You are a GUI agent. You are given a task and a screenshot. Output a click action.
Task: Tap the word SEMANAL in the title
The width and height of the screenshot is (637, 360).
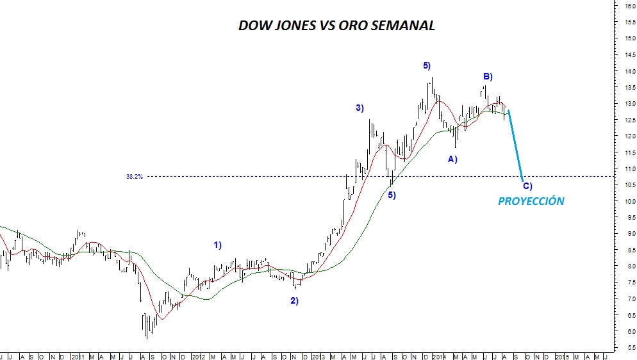(x=402, y=26)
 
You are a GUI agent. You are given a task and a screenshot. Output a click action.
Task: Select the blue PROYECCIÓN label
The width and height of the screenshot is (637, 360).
(x=531, y=201)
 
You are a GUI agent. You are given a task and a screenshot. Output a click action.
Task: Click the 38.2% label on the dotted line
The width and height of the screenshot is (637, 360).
(x=134, y=176)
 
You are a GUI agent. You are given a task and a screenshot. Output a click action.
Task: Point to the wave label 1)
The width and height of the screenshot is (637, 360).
(x=218, y=245)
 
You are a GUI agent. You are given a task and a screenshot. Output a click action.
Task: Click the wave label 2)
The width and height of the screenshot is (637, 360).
(x=294, y=300)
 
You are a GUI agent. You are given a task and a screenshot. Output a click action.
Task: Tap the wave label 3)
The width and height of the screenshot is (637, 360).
(x=360, y=108)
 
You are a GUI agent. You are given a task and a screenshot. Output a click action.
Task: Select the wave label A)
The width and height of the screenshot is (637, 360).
(x=452, y=158)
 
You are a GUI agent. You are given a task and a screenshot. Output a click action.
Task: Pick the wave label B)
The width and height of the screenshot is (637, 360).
(x=488, y=77)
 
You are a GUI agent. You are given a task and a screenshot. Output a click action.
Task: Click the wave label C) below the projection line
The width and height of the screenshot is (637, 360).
(x=527, y=186)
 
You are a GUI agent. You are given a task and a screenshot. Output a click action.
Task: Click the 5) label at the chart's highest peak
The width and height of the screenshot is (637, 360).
(x=427, y=65)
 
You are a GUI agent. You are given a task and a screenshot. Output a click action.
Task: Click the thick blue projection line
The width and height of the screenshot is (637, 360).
(x=515, y=144)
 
